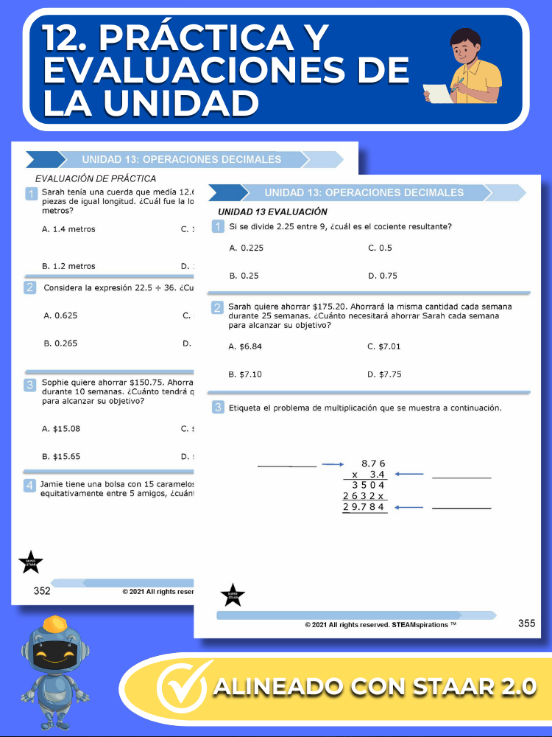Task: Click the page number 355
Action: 526,624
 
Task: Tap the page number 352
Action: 42,590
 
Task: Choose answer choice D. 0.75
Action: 383,276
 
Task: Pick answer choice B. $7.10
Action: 245,374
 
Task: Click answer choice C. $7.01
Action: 384,346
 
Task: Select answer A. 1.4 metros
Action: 68,229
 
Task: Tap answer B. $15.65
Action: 61,456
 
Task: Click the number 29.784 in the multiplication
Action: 365,507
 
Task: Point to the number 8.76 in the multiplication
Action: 373,463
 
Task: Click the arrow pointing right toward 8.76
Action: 333,464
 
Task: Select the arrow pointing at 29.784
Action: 409,507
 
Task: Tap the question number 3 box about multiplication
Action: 218,408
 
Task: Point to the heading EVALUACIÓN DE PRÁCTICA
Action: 96,178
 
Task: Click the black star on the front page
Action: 233,595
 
